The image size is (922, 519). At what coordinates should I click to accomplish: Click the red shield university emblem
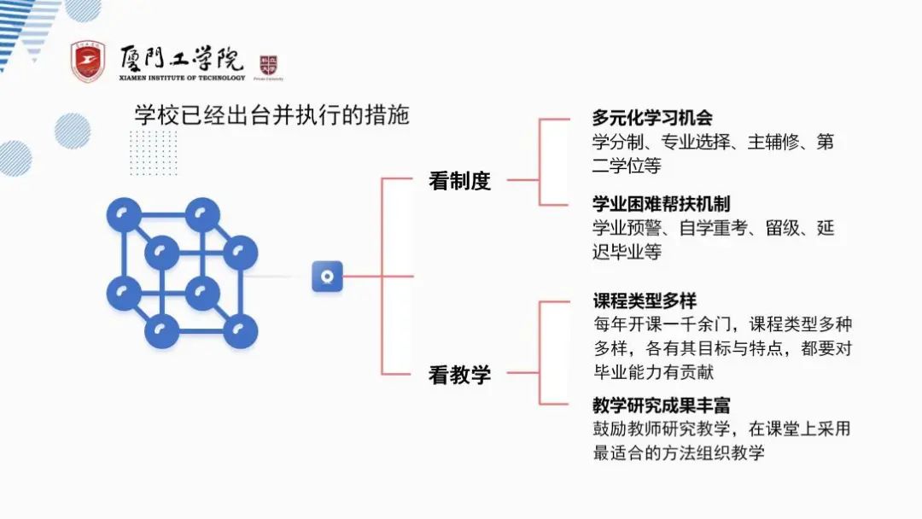point(88,61)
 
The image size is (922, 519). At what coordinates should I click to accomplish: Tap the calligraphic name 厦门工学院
point(182,58)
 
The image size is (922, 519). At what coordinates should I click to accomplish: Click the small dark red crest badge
point(269,65)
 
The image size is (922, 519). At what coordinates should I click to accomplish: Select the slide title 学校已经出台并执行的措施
point(272,114)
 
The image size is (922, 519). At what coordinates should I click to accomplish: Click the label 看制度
point(459,181)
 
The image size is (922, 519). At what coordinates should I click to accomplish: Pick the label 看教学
point(459,375)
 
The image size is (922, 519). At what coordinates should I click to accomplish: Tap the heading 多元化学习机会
point(652,118)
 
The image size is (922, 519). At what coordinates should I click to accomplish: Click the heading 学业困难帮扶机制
point(662,204)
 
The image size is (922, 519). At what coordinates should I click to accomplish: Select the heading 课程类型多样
point(645,301)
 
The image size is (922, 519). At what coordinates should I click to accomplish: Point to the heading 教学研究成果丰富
point(662,405)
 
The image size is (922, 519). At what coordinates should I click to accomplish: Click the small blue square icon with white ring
point(327,277)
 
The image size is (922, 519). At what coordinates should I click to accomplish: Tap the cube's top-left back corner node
point(124,214)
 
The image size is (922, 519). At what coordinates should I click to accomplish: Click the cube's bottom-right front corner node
point(240,330)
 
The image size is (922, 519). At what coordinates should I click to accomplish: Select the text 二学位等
point(627,166)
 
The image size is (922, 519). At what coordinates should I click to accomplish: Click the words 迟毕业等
point(627,252)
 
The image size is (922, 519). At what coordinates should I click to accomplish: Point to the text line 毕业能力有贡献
point(653,372)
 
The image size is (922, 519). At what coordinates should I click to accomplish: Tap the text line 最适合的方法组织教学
point(679,452)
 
